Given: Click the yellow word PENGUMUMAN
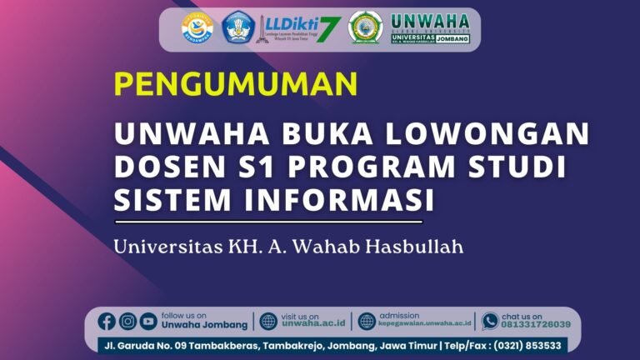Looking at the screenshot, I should (x=236, y=84).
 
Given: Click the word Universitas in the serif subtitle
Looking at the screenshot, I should (x=165, y=247).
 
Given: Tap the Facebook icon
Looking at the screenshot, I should (x=107, y=321).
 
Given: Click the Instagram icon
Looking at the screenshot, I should (x=127, y=321).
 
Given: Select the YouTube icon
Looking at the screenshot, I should (x=148, y=321).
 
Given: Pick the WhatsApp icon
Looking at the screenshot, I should (x=490, y=321).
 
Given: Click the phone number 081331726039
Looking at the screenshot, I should (x=536, y=325).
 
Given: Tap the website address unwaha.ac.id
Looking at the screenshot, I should (x=312, y=325).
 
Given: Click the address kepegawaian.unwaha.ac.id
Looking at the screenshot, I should (x=425, y=325).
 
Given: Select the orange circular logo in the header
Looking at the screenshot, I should (x=197, y=27).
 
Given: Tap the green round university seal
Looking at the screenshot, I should (x=365, y=27).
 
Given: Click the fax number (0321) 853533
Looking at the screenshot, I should (x=527, y=345).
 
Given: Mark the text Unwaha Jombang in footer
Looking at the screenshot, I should (x=204, y=325).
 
